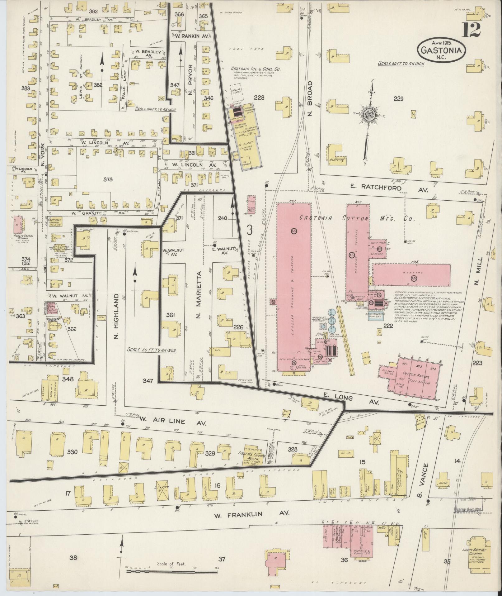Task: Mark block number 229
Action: coord(398,99)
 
